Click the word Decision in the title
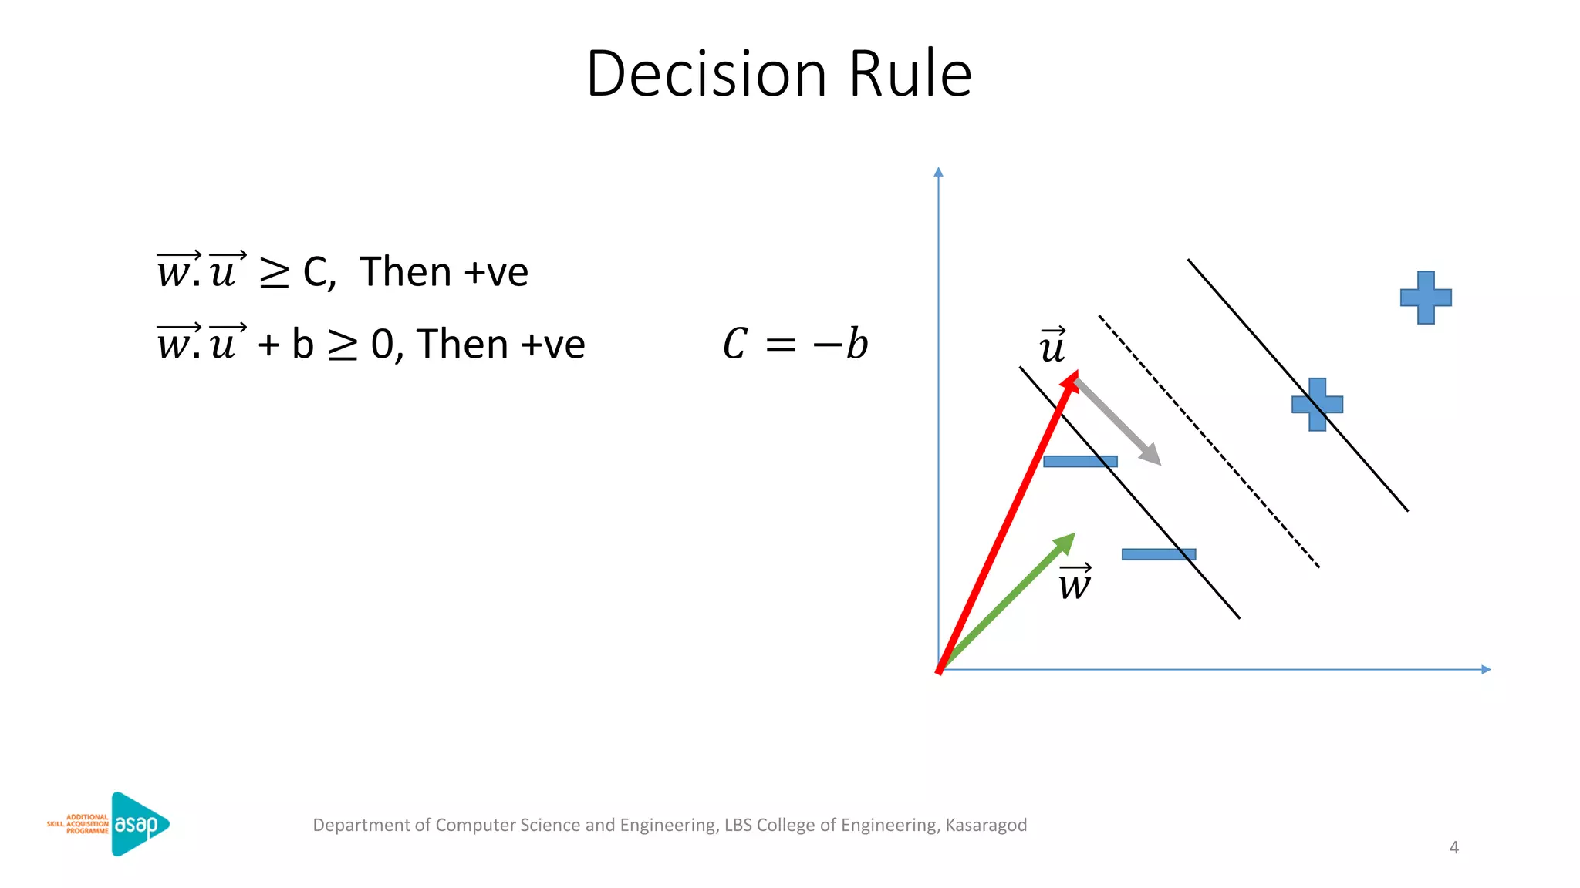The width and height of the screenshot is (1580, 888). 706,74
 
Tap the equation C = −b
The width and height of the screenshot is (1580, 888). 795,344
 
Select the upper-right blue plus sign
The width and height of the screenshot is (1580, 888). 1426,298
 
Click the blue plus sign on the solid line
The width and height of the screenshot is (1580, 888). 1317,405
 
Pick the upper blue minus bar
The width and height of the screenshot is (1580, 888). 1079,462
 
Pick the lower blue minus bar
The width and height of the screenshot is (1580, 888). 1158,554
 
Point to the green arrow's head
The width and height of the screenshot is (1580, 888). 1068,540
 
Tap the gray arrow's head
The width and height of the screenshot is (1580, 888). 1153,456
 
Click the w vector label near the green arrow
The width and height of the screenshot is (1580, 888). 1075,583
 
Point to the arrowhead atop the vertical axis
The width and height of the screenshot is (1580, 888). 938,171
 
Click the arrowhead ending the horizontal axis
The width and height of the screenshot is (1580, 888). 1487,669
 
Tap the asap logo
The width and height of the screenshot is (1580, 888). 139,824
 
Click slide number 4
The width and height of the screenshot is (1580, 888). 1453,848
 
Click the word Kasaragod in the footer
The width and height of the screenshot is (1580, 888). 986,825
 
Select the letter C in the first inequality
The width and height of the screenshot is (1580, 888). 316,273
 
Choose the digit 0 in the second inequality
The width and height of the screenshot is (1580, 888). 383,345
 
